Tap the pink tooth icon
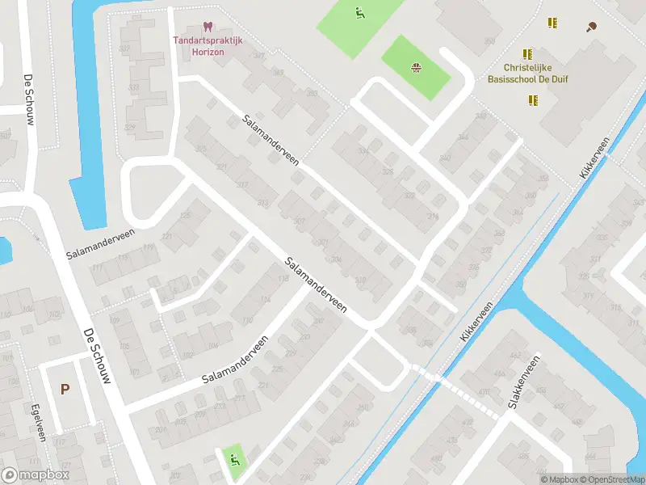coord(208,27)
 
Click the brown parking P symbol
coord(65,389)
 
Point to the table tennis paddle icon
coord(593,26)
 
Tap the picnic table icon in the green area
coord(417,67)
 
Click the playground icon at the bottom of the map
coord(233,461)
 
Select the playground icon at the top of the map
coord(359,12)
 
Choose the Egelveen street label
coord(36,421)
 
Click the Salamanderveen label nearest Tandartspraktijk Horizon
coord(271,139)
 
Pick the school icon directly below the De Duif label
coord(533,100)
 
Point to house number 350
coord(489,41)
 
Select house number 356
coord(543,179)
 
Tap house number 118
coord(283,279)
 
